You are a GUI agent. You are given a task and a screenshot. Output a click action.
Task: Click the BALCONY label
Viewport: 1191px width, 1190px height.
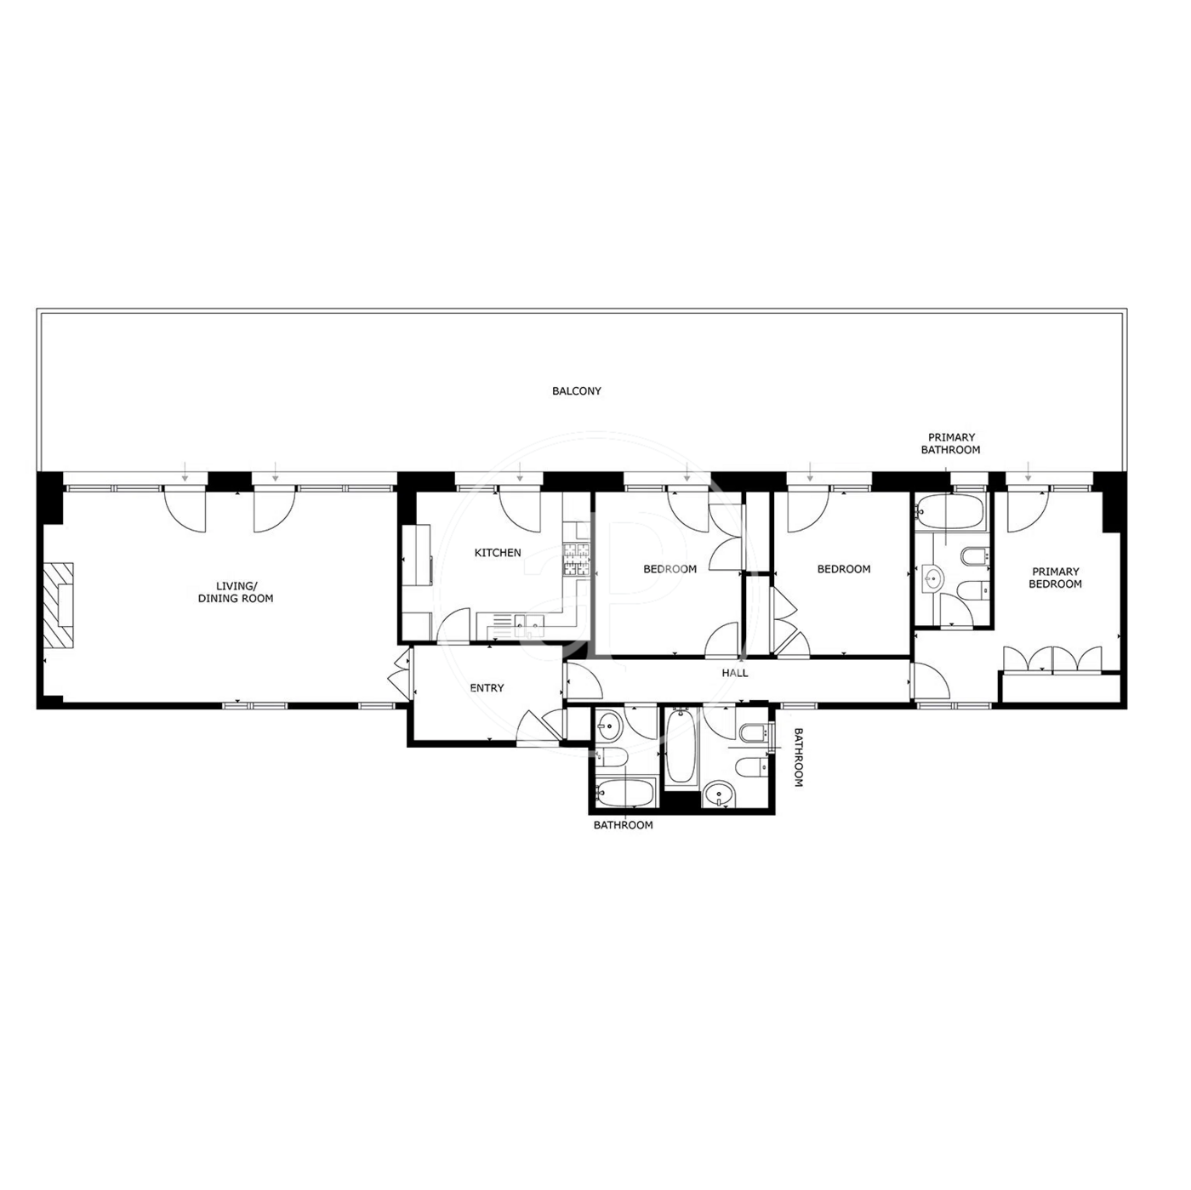click(576, 390)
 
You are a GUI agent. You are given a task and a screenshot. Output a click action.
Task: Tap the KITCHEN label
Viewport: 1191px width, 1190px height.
click(498, 553)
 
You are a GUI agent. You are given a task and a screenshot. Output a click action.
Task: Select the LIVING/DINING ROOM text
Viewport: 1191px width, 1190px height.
click(236, 592)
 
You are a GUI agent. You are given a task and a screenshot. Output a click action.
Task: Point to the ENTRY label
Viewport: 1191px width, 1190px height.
click(487, 687)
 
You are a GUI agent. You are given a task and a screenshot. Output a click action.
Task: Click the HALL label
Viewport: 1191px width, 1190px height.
click(735, 673)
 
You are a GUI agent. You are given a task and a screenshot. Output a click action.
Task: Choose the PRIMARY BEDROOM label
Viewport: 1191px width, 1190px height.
click(1055, 578)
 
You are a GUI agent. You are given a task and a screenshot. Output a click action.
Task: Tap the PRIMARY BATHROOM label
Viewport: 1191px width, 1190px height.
click(950, 443)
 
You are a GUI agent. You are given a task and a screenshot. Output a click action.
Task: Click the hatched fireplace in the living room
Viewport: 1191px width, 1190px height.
click(60, 605)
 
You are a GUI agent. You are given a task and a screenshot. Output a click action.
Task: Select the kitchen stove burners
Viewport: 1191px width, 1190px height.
click(577, 560)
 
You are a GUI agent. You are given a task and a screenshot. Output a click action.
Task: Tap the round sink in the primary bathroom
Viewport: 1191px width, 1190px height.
click(932, 579)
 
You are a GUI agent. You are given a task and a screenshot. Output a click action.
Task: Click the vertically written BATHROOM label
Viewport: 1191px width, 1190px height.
click(798, 757)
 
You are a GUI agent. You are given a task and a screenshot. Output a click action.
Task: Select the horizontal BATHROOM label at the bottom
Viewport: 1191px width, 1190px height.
click(623, 824)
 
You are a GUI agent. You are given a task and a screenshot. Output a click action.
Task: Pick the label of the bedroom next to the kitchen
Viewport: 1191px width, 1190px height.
click(670, 569)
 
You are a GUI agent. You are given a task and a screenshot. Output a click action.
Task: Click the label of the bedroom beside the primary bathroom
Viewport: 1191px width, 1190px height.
click(844, 569)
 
